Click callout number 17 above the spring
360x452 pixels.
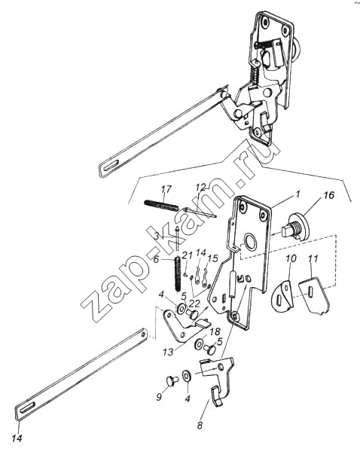point(166,189)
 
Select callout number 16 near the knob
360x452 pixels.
point(328,195)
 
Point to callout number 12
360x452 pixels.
point(202,187)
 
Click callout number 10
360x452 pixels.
point(291,258)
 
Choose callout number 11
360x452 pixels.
point(313,258)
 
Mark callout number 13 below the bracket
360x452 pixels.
point(168,352)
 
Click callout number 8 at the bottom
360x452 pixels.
point(200,426)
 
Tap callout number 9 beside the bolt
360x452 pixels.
point(159,397)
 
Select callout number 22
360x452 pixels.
point(194,303)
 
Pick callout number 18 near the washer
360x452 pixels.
point(214,331)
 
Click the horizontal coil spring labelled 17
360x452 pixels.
point(161,206)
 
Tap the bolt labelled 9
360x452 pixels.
point(172,380)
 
